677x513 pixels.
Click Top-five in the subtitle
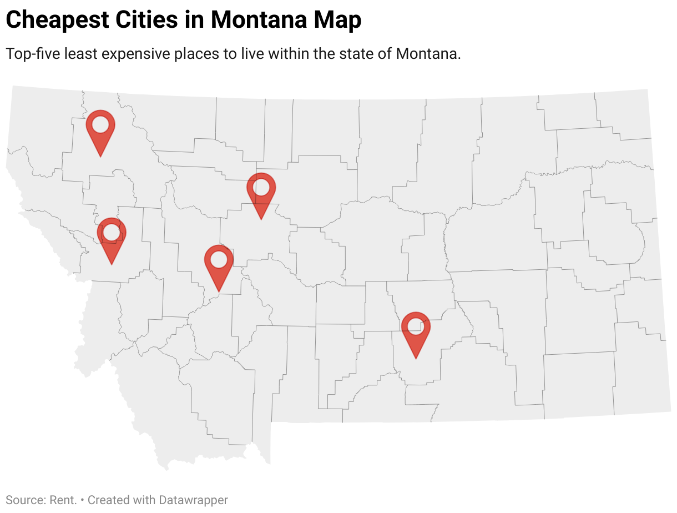tap(32, 54)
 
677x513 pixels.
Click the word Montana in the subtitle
tap(427, 54)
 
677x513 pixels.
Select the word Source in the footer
tap(24, 500)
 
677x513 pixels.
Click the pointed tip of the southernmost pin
tap(416, 358)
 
